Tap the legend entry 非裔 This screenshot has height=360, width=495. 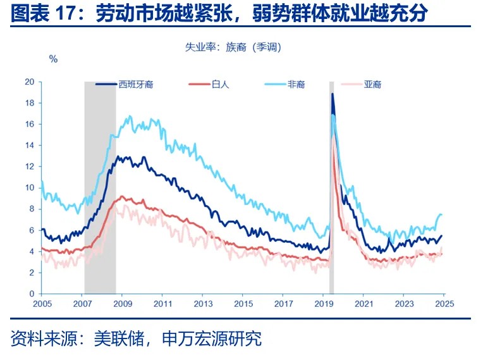296,84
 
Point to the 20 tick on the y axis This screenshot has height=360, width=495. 29,82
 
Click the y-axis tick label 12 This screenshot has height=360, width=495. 29,166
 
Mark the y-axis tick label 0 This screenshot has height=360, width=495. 32,294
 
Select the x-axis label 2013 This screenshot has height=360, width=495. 202,304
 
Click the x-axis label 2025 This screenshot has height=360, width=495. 444,304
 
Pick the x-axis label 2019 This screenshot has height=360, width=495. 323,304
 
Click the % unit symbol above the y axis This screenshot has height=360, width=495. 53,59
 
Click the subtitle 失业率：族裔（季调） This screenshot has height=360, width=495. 233,47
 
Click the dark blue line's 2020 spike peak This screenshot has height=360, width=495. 333,94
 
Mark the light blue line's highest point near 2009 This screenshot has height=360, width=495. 130,116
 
